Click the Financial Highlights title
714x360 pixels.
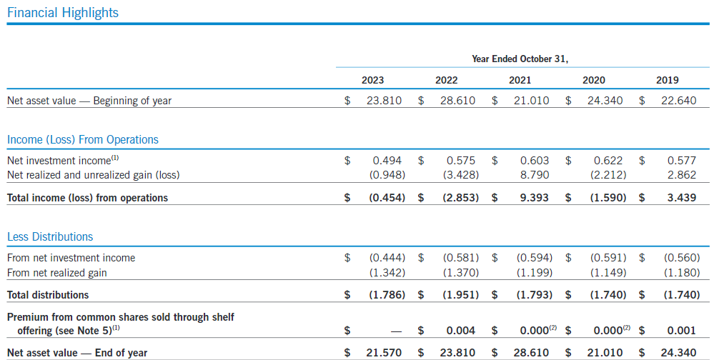[x=63, y=13]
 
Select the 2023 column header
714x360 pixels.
[x=372, y=80]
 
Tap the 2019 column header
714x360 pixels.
[x=667, y=80]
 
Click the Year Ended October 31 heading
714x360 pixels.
[x=520, y=59]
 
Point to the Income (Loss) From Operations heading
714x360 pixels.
[x=83, y=139]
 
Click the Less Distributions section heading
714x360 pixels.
[x=50, y=236]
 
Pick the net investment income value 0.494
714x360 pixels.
[x=390, y=161]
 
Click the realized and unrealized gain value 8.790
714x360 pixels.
[x=535, y=174]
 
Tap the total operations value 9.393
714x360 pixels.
[x=534, y=198]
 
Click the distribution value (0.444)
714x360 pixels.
[x=387, y=258]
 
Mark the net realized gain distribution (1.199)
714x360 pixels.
[x=533, y=271]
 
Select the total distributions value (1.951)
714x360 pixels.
[x=460, y=294]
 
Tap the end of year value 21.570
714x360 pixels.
[x=387, y=352]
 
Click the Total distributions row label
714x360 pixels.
[x=48, y=294]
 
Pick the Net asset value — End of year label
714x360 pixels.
[x=77, y=352]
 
